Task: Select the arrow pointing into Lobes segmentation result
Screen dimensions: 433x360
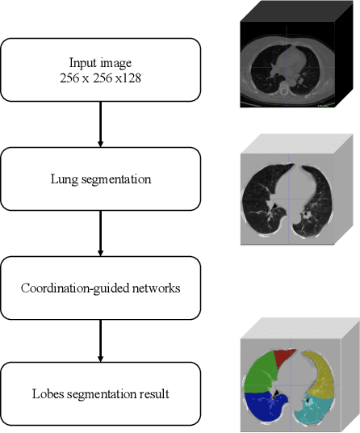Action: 101,339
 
